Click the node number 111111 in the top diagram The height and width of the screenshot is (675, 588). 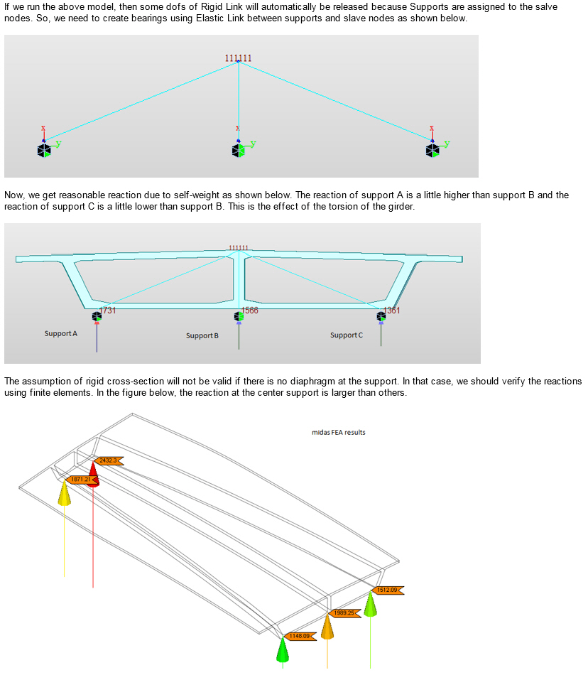[239, 58]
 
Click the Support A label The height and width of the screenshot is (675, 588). [61, 333]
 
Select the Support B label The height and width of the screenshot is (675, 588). [202, 335]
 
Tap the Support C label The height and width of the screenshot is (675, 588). [347, 335]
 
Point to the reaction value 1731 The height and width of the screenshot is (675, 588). [108, 310]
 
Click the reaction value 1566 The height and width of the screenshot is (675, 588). [250, 310]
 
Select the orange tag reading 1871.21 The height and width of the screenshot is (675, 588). [80, 480]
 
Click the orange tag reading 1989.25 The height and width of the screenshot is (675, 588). [344, 612]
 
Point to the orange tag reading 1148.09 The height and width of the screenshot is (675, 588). [300, 636]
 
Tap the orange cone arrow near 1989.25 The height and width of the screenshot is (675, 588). [327, 627]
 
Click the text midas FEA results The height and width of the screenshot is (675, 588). [339, 432]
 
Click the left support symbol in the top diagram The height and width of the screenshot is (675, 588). [44, 149]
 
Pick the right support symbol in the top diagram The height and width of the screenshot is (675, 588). [432, 149]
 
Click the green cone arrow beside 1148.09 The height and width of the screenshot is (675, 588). [283, 648]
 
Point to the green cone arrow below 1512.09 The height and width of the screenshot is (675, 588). [370, 605]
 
